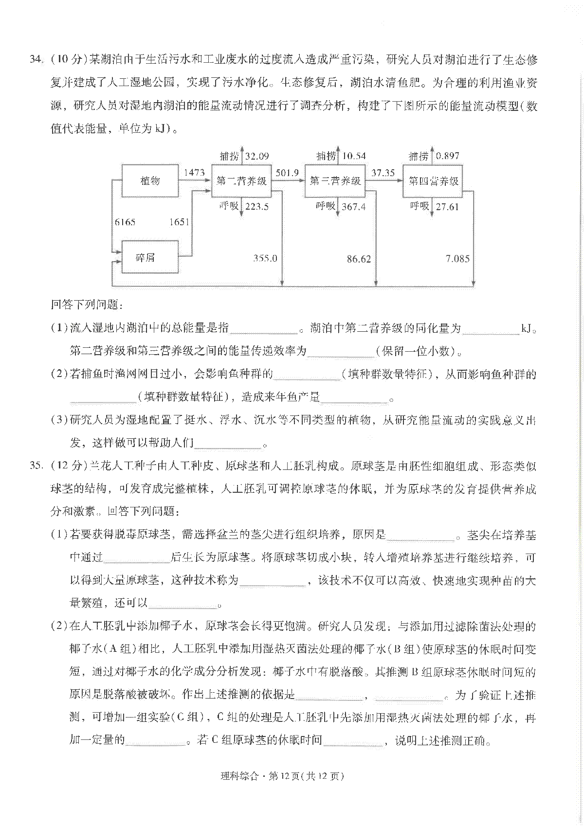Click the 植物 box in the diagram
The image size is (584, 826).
tap(150, 180)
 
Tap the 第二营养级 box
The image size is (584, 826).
tap(241, 181)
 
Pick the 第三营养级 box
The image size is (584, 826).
tap(335, 181)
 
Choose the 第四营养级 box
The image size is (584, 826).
tap(433, 181)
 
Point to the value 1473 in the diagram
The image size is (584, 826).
tap(194, 172)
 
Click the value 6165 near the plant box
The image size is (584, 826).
tap(125, 222)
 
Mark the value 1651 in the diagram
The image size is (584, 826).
tap(179, 222)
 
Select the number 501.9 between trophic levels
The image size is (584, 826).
tap(287, 172)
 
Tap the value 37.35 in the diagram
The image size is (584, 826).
tap(383, 172)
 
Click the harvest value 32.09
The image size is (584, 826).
tap(256, 156)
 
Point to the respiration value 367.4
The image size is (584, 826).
tap(353, 207)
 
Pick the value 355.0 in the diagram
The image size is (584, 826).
tap(265, 258)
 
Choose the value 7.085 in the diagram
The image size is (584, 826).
tap(457, 259)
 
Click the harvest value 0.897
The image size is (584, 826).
tap(447, 156)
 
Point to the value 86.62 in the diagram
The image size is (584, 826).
tap(359, 259)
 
